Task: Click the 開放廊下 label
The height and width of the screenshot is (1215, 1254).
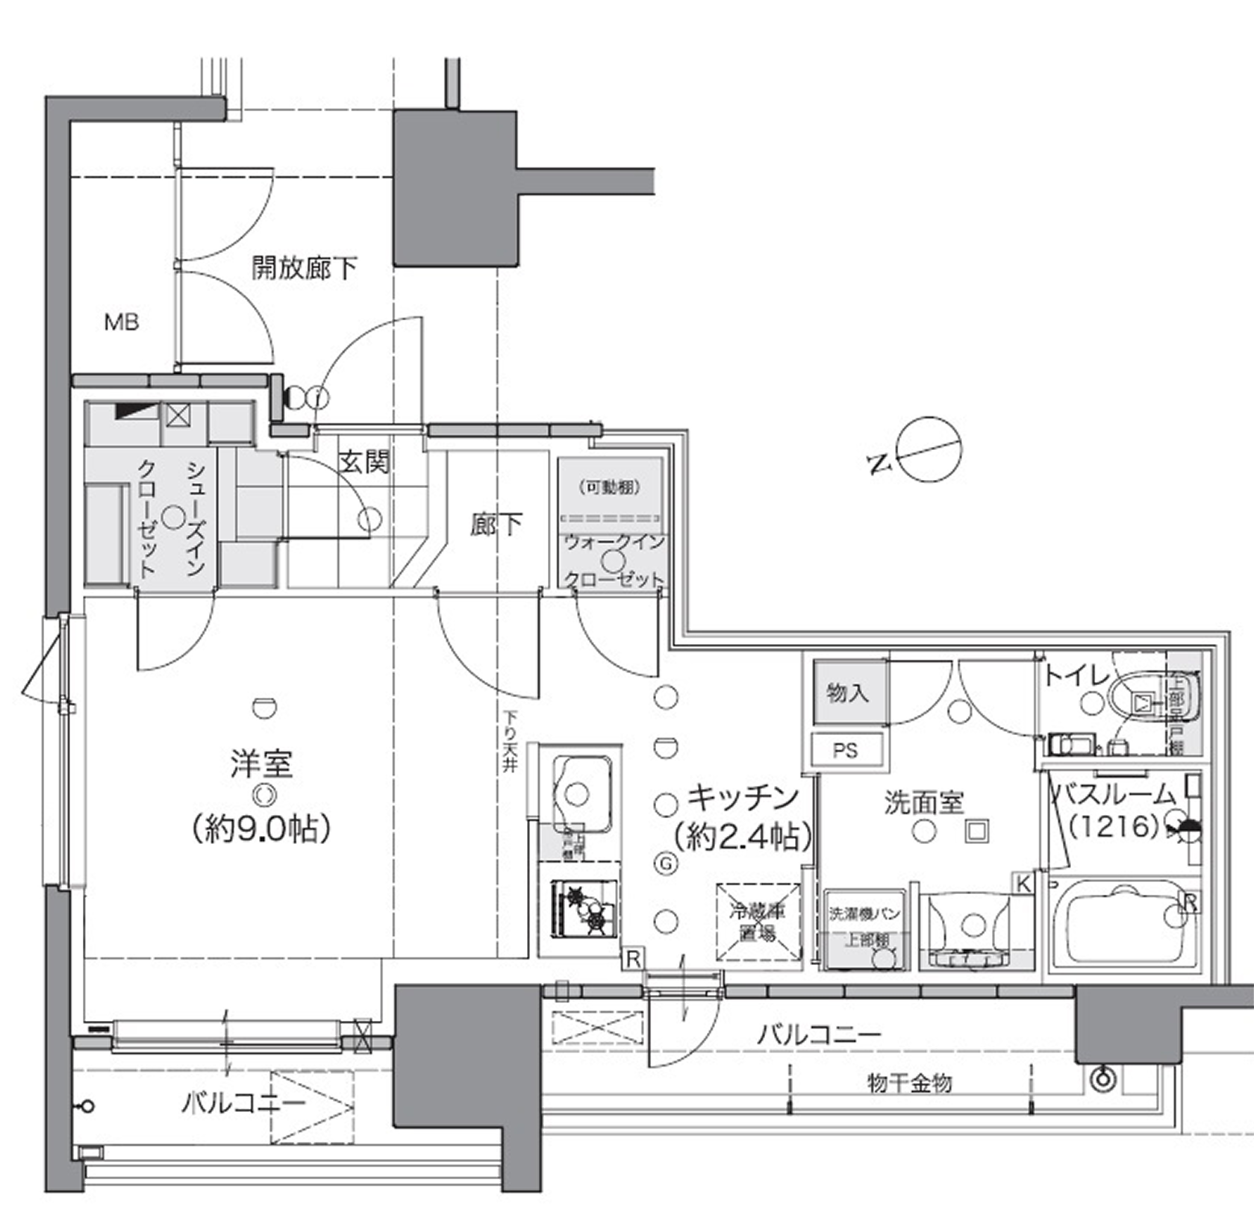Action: coord(304,268)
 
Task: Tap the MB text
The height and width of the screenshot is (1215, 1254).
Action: coord(122,322)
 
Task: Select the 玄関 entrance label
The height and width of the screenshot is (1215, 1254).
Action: coord(364,462)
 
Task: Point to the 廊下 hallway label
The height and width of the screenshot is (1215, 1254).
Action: coord(496,525)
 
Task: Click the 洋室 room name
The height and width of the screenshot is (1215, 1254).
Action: coord(261,763)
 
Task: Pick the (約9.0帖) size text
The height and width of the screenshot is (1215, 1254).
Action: coord(261,828)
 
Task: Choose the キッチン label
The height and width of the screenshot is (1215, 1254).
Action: coord(743,799)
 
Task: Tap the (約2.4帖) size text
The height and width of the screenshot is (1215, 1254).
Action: coord(743,837)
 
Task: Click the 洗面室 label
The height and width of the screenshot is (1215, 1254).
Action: coord(924,802)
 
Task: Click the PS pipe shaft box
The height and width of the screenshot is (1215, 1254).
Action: coord(846,750)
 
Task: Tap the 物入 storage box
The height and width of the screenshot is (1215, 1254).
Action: coord(847,693)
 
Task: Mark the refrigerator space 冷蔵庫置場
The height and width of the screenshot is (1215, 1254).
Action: coord(758,922)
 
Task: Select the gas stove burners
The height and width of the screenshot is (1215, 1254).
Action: coord(585,908)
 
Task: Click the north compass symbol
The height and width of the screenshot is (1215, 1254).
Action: coord(929,449)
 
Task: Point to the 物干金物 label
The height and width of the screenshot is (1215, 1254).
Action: coord(909,1082)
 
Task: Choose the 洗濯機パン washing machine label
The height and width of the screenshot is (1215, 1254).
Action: coord(864,913)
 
